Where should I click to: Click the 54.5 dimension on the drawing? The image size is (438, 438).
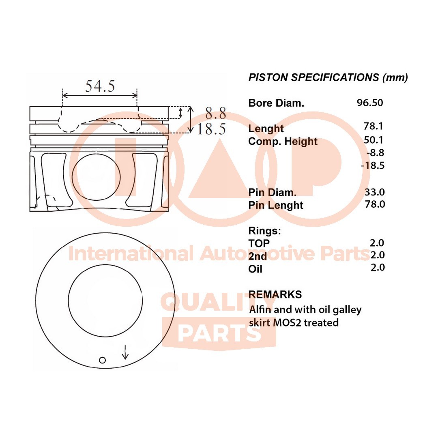click(100, 86)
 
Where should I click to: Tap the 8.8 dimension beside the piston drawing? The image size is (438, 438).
click(215, 114)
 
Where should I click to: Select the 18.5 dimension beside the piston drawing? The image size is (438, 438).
click(211, 129)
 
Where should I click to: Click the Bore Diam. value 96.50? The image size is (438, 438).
click(369, 103)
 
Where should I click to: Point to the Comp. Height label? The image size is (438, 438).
click(283, 142)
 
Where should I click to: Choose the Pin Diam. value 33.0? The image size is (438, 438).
click(375, 192)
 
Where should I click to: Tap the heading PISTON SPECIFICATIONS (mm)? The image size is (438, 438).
click(328, 77)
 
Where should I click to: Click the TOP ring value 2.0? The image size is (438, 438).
click(377, 243)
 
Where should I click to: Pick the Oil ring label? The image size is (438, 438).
click(255, 268)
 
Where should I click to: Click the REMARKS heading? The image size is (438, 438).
click(275, 294)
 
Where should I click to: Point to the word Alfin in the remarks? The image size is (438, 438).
click(260, 310)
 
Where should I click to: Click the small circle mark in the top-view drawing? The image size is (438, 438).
click(103, 360)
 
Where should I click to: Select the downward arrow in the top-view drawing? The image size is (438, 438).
click(125, 352)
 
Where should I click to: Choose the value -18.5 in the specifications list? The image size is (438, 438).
click(373, 165)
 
